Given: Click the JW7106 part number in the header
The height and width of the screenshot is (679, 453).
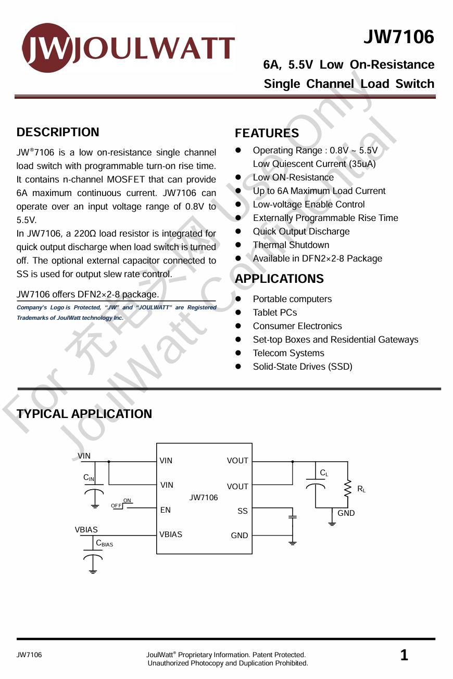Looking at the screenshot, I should pos(398,37).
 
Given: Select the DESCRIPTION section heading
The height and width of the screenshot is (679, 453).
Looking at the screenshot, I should pos(58,132).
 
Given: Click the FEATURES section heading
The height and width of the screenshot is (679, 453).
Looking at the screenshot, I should pos(267,133).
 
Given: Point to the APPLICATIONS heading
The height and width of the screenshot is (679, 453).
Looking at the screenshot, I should pos(279,279).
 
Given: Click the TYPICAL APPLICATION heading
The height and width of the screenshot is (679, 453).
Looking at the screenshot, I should pos(84,414).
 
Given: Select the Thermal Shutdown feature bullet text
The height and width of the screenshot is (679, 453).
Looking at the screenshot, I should pos(291,245).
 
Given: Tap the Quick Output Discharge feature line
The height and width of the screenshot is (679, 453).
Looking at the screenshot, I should pos(301,231).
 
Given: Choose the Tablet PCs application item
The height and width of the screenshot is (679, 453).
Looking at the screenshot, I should pos(274,312).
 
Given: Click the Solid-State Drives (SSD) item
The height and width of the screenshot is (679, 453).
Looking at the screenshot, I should pos(302,367).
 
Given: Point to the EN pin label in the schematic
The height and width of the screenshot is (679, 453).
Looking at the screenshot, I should pos(165,510).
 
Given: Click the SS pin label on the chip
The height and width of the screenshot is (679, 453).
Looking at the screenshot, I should pos(243,511).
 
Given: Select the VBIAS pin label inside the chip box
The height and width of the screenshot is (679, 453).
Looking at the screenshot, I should pos(171,534).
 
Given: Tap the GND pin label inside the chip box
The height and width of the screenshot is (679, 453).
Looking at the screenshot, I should pos(240,536).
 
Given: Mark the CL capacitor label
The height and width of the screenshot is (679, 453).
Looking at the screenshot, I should pos(324,473).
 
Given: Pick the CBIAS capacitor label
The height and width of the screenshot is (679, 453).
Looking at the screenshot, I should pos(104,543).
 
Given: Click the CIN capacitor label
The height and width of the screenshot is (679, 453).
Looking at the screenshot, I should pos(89,478).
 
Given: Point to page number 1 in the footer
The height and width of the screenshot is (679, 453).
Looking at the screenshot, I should pos(404,656).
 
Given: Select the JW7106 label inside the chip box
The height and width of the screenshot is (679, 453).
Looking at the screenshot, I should pos(204,498).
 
